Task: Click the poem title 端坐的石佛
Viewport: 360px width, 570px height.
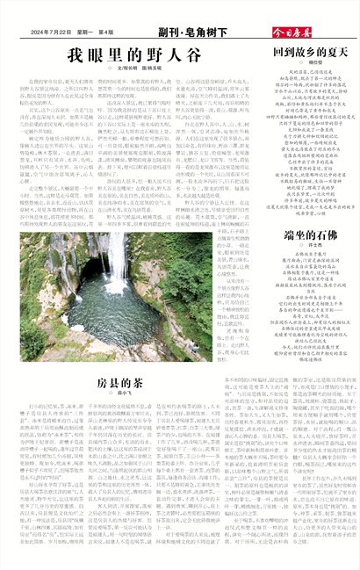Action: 310,235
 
